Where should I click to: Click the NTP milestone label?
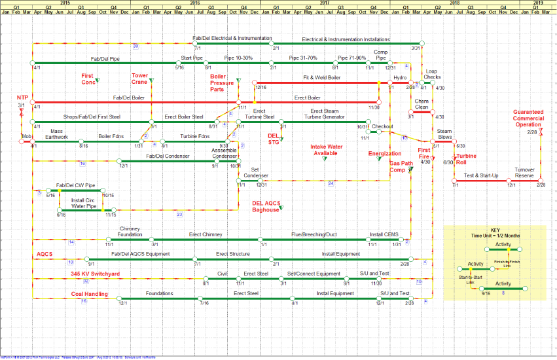click(22, 98)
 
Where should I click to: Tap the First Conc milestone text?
click(88, 79)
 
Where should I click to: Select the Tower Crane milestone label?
click(139, 79)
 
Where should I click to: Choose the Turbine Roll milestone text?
click(466, 159)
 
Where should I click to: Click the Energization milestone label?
click(384, 154)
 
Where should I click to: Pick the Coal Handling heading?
click(89, 294)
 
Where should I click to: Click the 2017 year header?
click(325, 3)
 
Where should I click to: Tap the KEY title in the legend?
click(495, 230)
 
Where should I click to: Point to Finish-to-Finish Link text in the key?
click(504, 263)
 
